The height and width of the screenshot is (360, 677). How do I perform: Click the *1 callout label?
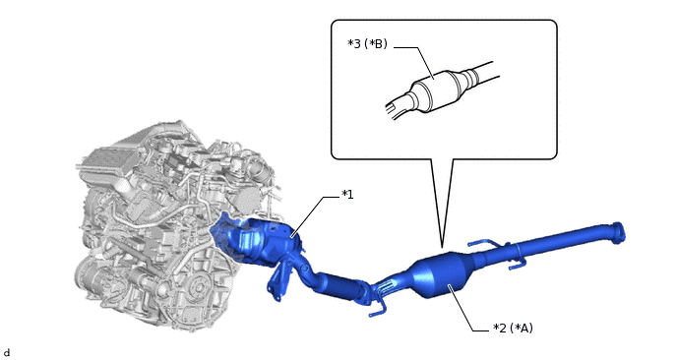click(x=347, y=195)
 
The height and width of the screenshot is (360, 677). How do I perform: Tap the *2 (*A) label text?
click(x=513, y=329)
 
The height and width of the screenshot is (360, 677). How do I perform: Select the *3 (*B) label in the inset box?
click(x=367, y=44)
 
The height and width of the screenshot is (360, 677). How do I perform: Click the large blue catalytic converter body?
click(x=441, y=275)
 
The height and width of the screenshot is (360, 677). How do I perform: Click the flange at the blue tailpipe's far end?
click(x=618, y=232)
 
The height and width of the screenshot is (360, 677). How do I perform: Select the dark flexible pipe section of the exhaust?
click(x=341, y=286)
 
